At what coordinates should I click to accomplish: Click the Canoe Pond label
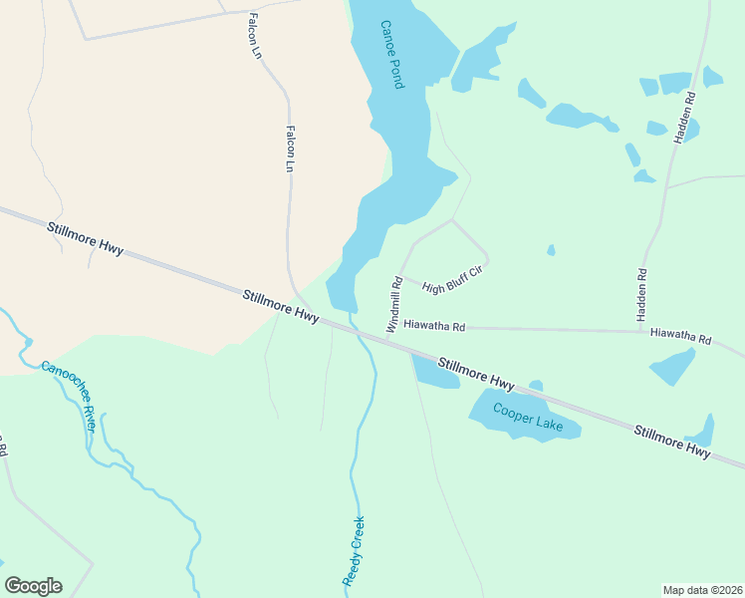coord(390,55)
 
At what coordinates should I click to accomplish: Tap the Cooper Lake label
coord(528,419)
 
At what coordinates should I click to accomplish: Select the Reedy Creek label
coord(353,550)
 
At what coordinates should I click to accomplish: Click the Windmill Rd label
coord(393,304)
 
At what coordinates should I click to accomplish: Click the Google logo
coord(33,586)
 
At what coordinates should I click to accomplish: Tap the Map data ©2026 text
coord(702,589)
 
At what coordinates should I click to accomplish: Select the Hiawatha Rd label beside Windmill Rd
coord(434,326)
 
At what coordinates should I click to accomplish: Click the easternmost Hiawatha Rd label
coord(680,337)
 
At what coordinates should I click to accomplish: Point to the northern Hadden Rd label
coord(686,118)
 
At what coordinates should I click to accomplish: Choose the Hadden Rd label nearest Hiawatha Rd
coord(642,293)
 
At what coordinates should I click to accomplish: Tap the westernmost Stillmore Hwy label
coord(85,239)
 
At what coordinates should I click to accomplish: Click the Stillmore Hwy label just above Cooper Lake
coord(476,374)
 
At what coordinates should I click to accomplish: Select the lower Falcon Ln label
coord(290,148)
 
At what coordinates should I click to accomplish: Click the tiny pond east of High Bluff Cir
coord(551,250)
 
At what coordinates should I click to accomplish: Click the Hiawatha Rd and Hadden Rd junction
coord(639,330)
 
